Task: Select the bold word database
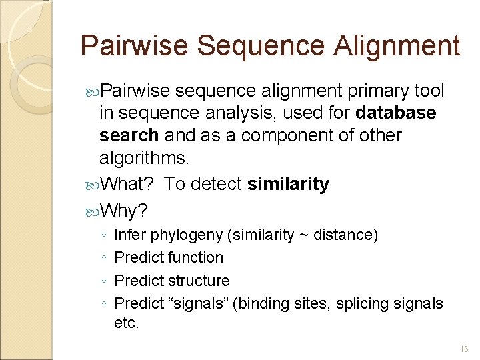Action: (x=396, y=113)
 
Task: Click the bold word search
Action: (x=129, y=135)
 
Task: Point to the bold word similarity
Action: (x=288, y=185)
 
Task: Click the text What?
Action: (x=129, y=185)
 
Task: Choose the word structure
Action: (x=199, y=281)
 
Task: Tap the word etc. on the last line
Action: (x=127, y=325)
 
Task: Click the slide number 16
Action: (x=464, y=349)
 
